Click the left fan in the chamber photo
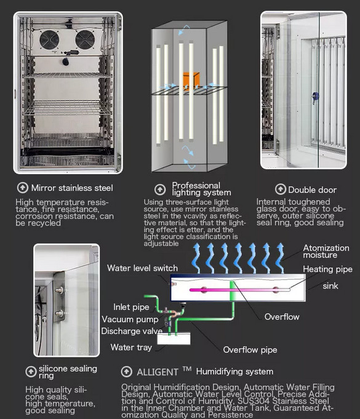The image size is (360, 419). click(49, 40)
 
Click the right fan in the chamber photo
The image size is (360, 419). click(85, 40)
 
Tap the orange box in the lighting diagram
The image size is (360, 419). click(191, 80)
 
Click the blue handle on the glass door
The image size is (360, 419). click(315, 97)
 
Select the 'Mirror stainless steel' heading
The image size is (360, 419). click(72, 188)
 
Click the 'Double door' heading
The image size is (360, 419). click(312, 190)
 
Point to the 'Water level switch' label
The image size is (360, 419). click(142, 268)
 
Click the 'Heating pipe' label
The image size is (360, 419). click(327, 269)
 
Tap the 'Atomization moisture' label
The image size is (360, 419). click(326, 251)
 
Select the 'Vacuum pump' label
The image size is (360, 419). click(130, 319)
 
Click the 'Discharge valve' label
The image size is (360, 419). click(132, 331)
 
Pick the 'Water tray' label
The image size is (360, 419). click(131, 347)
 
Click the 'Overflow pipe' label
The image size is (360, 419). click(250, 350)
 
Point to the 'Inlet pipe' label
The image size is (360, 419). click(131, 307)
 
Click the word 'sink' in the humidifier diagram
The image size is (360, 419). click(330, 286)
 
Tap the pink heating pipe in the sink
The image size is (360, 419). click(240, 290)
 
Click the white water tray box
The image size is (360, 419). click(174, 339)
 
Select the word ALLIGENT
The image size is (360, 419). click(158, 372)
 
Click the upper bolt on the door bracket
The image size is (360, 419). click(60, 290)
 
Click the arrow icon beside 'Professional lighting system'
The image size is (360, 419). click(160, 190)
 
